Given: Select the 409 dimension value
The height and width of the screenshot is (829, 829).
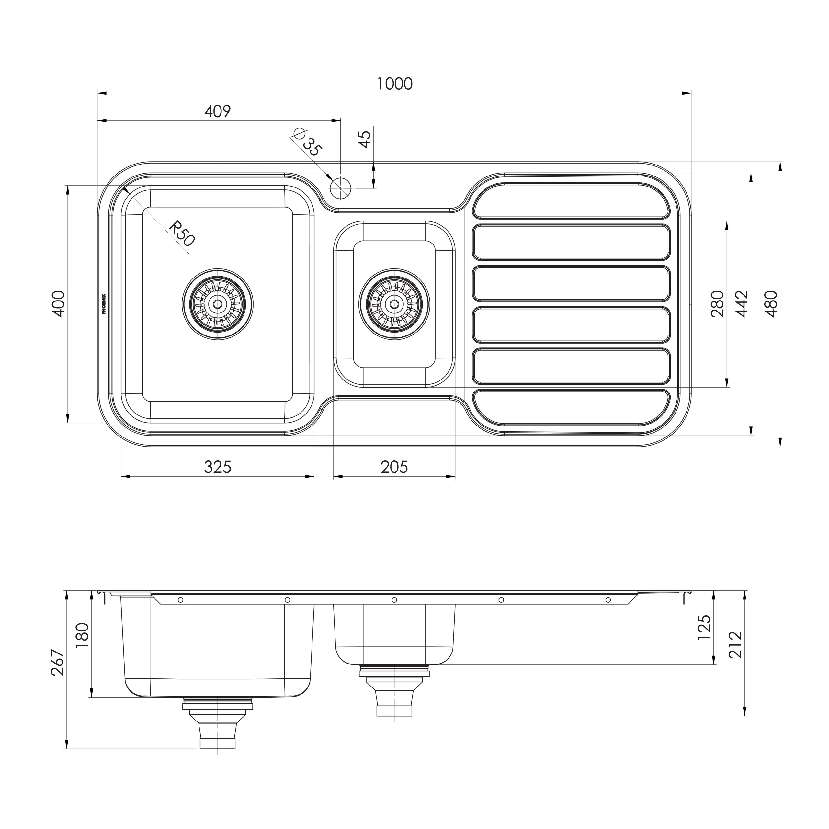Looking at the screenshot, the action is click(218, 112).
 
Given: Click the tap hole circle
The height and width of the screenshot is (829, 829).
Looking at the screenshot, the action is click(341, 188).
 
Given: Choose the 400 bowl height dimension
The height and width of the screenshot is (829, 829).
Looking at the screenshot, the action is click(59, 304).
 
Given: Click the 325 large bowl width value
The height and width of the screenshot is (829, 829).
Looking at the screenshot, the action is click(218, 467).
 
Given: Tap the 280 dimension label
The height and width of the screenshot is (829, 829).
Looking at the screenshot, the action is click(717, 304).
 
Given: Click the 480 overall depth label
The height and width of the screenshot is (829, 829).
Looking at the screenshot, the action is click(771, 304).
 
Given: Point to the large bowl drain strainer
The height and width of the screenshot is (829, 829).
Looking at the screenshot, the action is click(218, 304).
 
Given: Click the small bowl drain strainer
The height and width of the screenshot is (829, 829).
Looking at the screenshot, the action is click(394, 304).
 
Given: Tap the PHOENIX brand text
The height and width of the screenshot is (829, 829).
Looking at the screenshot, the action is click(104, 304).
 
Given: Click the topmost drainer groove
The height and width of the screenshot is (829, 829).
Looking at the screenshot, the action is click(571, 200).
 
